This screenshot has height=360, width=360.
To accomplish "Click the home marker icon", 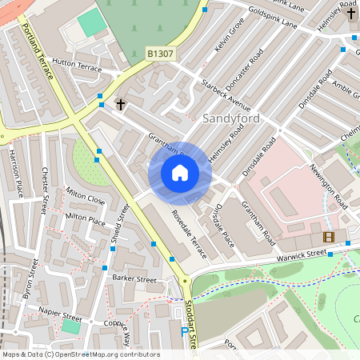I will pos(180,173).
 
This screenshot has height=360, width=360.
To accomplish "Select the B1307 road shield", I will pos(158,54).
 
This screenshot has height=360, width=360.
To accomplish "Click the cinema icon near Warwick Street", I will pos(328,236).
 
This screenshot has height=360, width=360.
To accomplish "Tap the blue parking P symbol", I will pos(185,331).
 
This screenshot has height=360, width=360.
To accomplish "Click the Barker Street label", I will pos(134,279).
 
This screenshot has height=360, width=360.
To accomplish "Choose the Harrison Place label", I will pos(14,172).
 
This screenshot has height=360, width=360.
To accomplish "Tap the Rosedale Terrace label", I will pos(188,234).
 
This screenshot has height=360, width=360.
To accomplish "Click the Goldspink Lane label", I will pos(273,18).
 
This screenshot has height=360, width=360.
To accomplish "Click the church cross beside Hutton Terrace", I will pos(121,104).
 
